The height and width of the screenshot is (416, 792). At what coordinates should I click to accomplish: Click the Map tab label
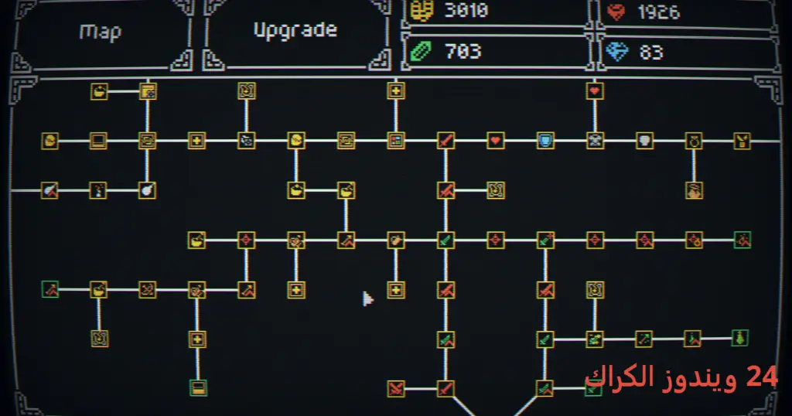click(101, 32)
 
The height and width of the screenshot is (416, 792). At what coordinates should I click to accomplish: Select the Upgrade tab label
click(295, 30)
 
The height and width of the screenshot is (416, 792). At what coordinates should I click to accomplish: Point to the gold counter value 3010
click(466, 10)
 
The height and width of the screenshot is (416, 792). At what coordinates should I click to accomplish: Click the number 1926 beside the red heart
click(659, 12)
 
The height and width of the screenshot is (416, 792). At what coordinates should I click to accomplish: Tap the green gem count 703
click(463, 52)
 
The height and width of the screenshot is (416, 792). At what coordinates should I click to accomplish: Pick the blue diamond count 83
click(651, 52)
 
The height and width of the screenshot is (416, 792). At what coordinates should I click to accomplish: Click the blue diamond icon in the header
click(616, 52)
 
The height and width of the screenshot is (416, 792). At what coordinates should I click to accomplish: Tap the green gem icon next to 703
click(421, 52)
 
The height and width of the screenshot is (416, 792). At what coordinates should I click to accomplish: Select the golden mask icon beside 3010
click(422, 11)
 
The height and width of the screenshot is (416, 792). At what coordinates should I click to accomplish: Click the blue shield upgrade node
click(545, 141)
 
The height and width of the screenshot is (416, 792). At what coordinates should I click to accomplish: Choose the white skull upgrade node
click(644, 141)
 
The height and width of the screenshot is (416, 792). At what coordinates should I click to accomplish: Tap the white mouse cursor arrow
click(367, 299)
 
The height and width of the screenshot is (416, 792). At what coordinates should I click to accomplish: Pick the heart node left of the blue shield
click(496, 141)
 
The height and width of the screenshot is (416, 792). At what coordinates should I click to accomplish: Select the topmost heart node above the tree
click(595, 91)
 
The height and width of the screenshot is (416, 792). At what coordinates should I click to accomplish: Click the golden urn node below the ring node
click(694, 191)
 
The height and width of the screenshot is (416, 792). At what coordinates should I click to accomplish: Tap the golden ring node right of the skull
click(694, 141)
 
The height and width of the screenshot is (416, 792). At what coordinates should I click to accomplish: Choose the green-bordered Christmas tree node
click(739, 338)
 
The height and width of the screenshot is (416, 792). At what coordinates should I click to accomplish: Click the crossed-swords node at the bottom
click(396, 389)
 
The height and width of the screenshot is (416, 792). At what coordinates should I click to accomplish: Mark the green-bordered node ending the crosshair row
click(742, 240)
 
